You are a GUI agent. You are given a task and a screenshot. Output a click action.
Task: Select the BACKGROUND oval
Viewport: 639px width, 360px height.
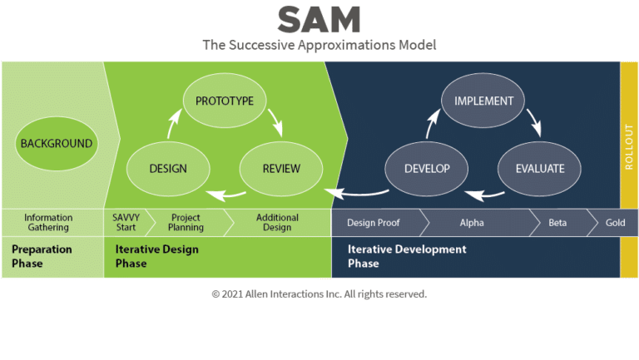click(x=56, y=143)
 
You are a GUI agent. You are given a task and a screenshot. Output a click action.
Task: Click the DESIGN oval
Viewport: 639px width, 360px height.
click(x=167, y=169)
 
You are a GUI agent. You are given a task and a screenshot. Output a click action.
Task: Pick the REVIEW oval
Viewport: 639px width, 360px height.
click(x=281, y=169)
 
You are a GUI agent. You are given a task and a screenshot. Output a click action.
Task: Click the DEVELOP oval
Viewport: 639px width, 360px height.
click(x=427, y=169)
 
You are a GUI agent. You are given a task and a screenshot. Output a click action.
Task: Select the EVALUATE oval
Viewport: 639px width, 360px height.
click(x=539, y=169)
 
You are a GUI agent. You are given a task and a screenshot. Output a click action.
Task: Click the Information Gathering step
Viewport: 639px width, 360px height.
click(x=48, y=223)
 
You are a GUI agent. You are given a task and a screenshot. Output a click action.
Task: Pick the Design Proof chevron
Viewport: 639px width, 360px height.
click(x=373, y=223)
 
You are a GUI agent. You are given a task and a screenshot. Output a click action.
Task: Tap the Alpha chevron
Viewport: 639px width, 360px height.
click(x=472, y=223)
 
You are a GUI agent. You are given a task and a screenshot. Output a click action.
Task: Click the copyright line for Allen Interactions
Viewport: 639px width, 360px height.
click(x=319, y=294)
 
